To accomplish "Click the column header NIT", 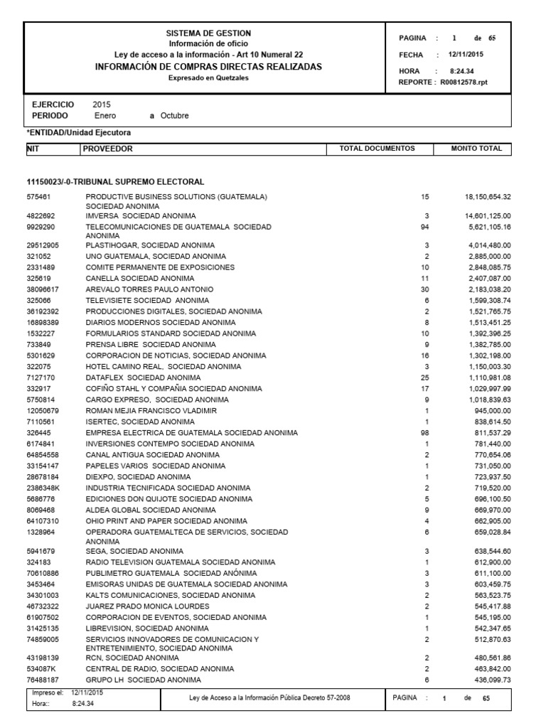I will [x=33, y=149].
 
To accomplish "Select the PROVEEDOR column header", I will [x=107, y=149].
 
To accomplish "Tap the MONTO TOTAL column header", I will [x=476, y=149].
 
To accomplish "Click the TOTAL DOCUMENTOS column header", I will [x=377, y=149].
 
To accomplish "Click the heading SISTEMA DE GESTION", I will [x=208, y=33].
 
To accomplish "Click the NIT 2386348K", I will [x=44, y=488].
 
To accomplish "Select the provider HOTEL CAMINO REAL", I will [x=163, y=366].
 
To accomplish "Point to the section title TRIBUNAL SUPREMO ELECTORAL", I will [x=115, y=182].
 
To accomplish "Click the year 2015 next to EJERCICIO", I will [x=102, y=105].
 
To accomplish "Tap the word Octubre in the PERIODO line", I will [x=175, y=115].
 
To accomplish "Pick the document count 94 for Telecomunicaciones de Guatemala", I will [x=424, y=225].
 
